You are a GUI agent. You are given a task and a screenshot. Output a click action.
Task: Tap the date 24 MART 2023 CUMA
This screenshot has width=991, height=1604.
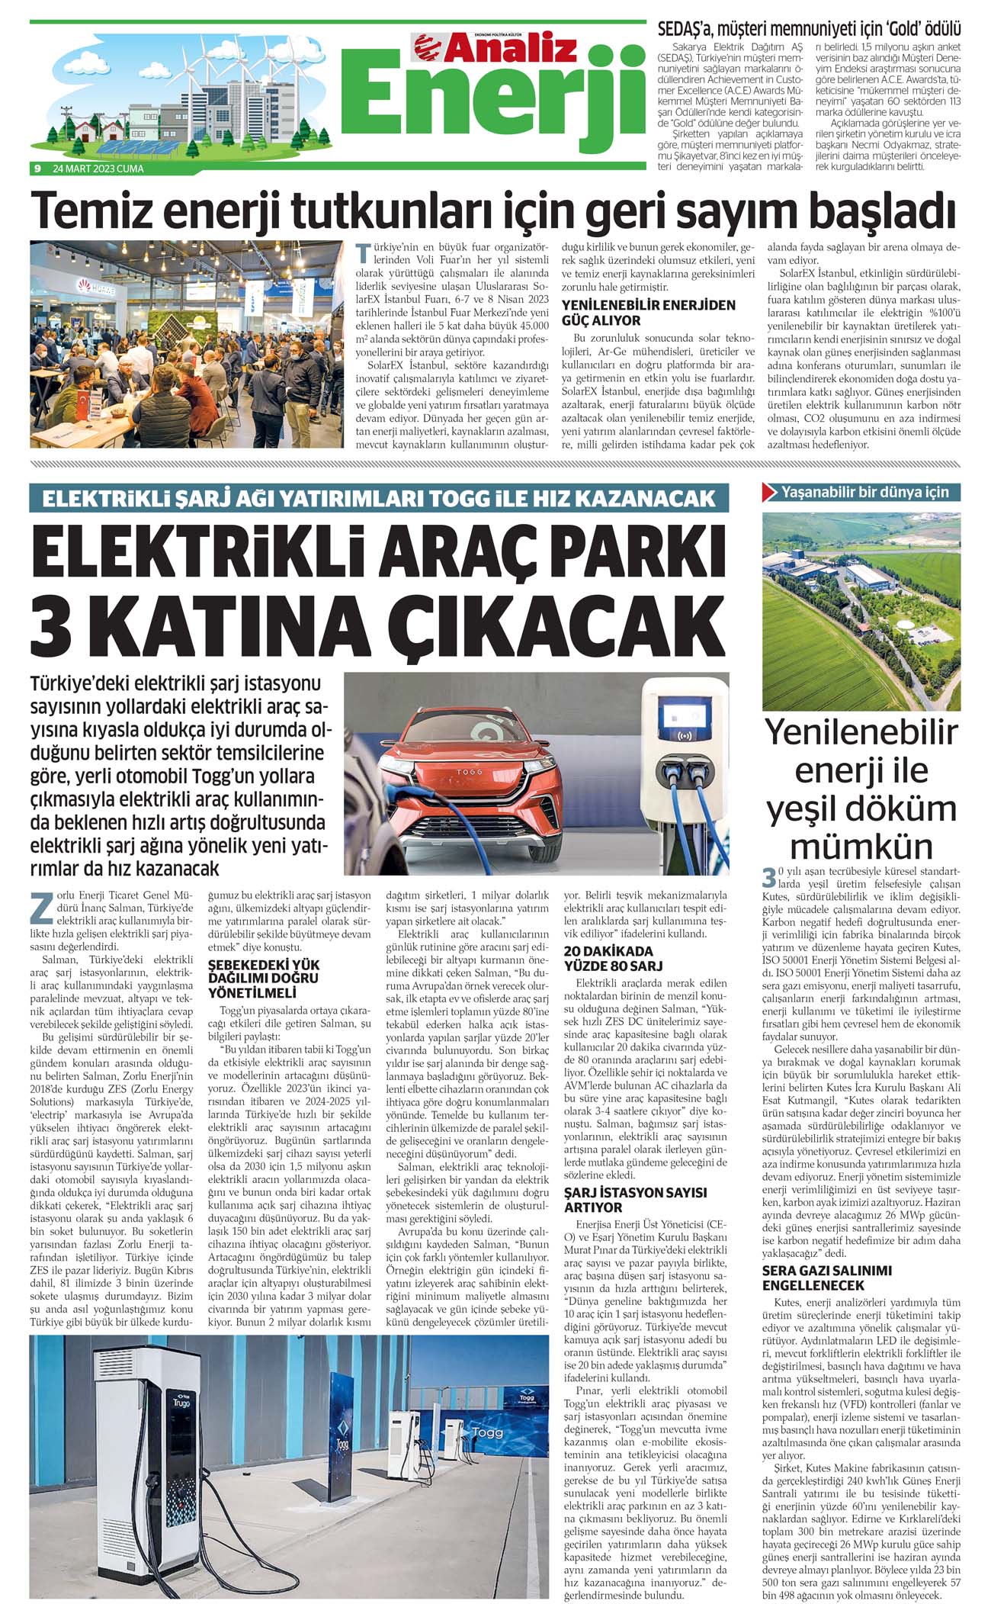pyautogui.click(x=98, y=169)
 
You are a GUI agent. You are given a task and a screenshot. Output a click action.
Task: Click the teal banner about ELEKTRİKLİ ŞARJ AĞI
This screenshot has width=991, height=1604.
pyautogui.click(x=380, y=498)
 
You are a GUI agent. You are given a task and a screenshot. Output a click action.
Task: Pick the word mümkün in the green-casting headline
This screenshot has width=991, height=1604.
pyautogui.click(x=861, y=847)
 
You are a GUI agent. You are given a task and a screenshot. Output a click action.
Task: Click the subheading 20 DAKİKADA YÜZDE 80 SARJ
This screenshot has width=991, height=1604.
pyautogui.click(x=608, y=958)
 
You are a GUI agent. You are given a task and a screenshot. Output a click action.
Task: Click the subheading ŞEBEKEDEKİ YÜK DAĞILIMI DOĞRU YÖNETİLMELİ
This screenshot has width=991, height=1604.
pyautogui.click(x=264, y=979)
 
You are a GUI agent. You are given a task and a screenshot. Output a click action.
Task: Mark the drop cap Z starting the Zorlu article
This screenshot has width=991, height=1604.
pyautogui.click(x=42, y=905)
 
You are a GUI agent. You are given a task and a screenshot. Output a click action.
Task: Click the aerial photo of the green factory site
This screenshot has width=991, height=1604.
pyautogui.click(x=861, y=610)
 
